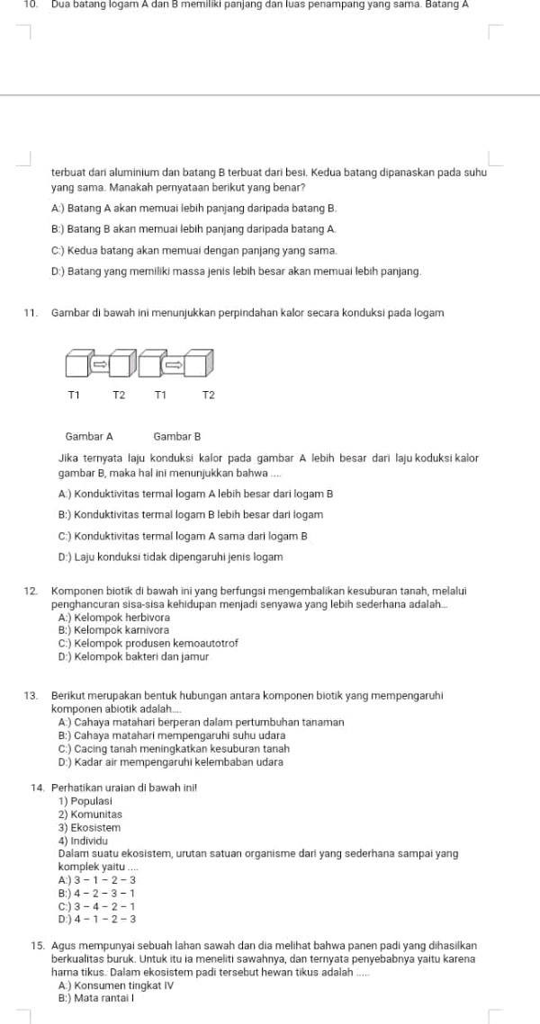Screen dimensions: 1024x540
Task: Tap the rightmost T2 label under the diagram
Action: (208, 395)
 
